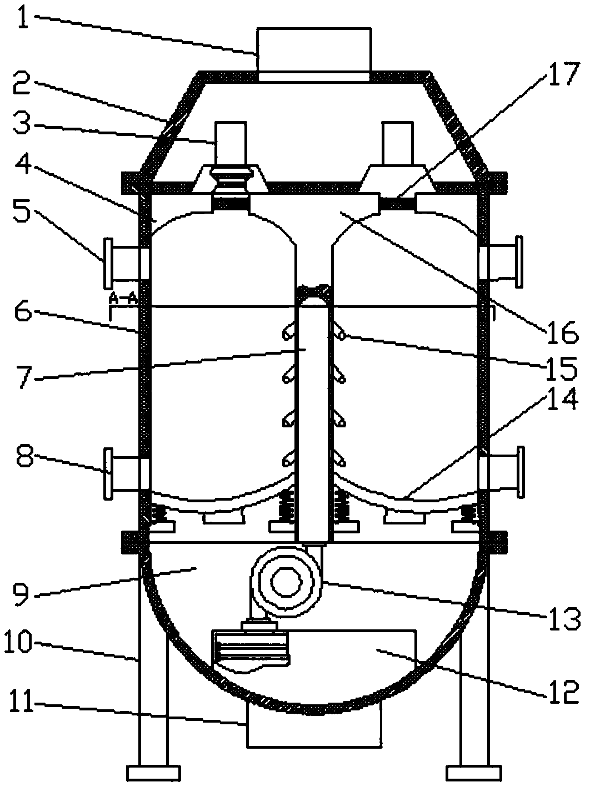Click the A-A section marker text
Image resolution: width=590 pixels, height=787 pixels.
(123, 297)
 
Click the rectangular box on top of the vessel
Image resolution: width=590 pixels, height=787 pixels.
(314, 54)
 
